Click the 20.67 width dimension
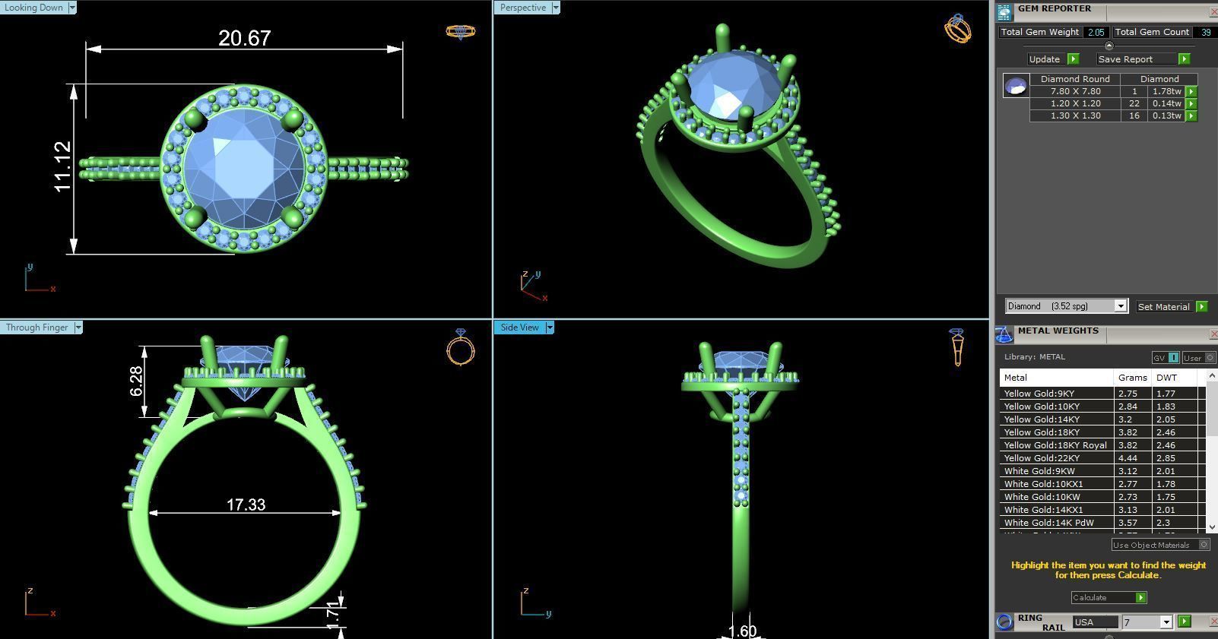[244, 38]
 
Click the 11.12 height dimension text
[63, 166]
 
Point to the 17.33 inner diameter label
[246, 505]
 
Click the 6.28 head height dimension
[136, 381]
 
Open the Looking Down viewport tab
[34, 8]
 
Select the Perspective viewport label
[523, 8]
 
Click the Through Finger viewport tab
[36, 327]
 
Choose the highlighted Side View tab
[519, 327]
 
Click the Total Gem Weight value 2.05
[1096, 32]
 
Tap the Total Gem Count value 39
[1205, 32]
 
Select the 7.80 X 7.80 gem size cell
[1075, 91]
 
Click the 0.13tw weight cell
[1166, 115]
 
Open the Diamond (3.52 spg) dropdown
[1066, 306]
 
